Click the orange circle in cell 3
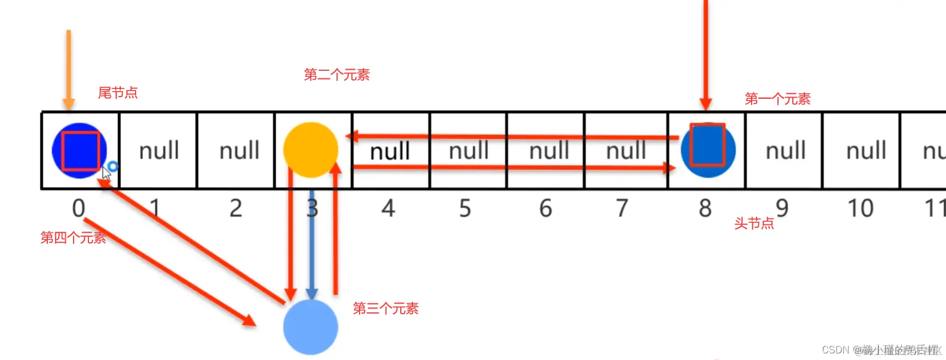click(311, 150)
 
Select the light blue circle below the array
click(311, 327)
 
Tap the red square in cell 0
click(80, 150)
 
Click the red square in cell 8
click(708, 145)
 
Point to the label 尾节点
click(117, 93)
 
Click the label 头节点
click(754, 223)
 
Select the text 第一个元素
click(777, 99)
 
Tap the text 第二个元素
click(337, 75)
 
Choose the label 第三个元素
click(385, 308)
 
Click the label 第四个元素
click(73, 238)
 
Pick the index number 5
click(465, 209)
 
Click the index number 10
click(860, 209)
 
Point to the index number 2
click(236, 209)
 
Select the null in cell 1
click(159, 150)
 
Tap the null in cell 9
click(786, 150)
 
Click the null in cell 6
click(548, 150)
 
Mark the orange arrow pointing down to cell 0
click(69, 69)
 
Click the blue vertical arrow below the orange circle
click(312, 244)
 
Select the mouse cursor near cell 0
click(107, 173)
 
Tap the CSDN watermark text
click(881, 350)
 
